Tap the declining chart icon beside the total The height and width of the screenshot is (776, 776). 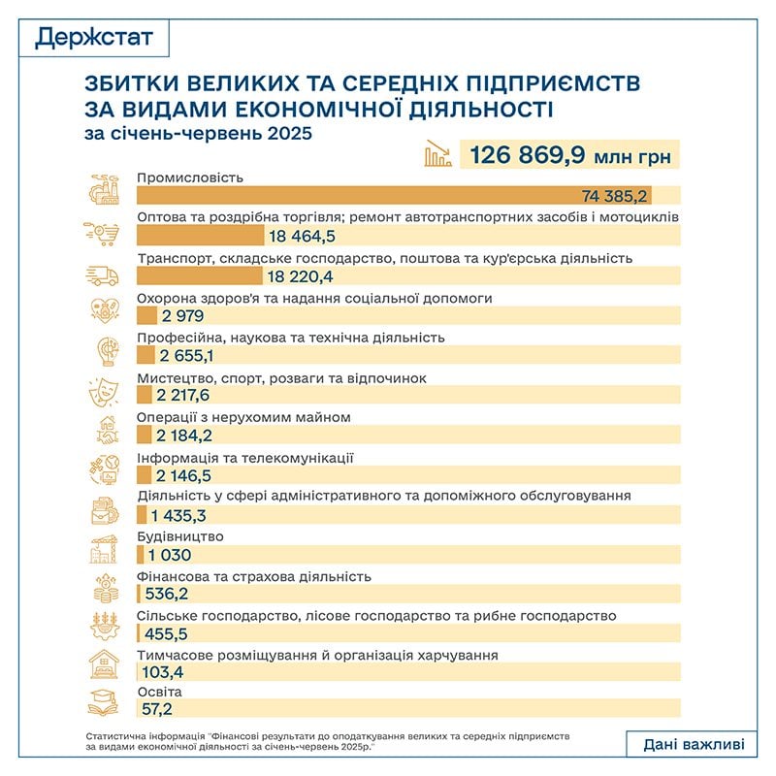tap(437, 153)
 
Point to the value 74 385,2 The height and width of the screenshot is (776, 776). tap(615, 195)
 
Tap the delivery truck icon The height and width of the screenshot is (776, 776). tap(105, 275)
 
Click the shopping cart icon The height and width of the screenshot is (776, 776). tap(105, 234)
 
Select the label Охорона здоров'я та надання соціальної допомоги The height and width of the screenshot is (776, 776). tap(315, 298)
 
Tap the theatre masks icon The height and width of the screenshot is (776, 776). tap(105, 393)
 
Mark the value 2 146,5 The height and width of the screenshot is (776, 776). tap(187, 474)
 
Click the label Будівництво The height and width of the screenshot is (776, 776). tap(181, 536)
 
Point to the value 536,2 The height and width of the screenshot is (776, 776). tap(168, 594)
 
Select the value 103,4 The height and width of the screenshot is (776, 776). tap(168, 672)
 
